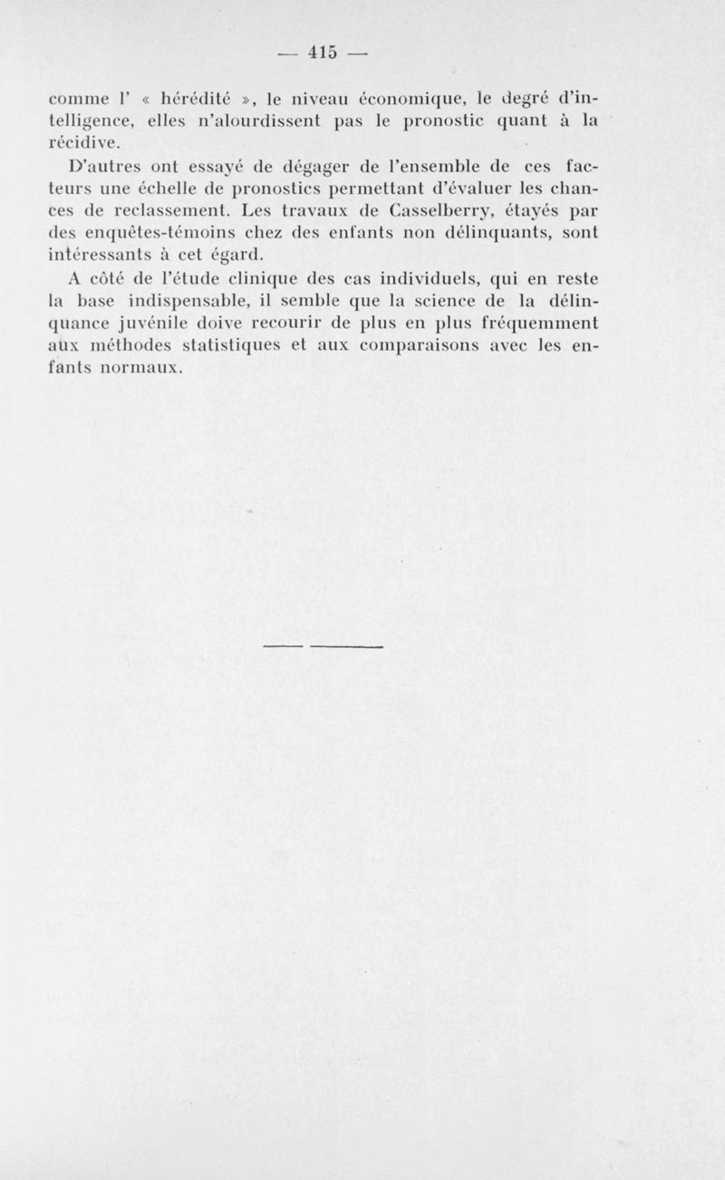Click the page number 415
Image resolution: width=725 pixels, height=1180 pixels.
[323, 53]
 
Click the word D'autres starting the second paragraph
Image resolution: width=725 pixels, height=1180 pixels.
[112, 168]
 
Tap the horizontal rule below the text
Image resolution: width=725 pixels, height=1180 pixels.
[323, 646]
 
